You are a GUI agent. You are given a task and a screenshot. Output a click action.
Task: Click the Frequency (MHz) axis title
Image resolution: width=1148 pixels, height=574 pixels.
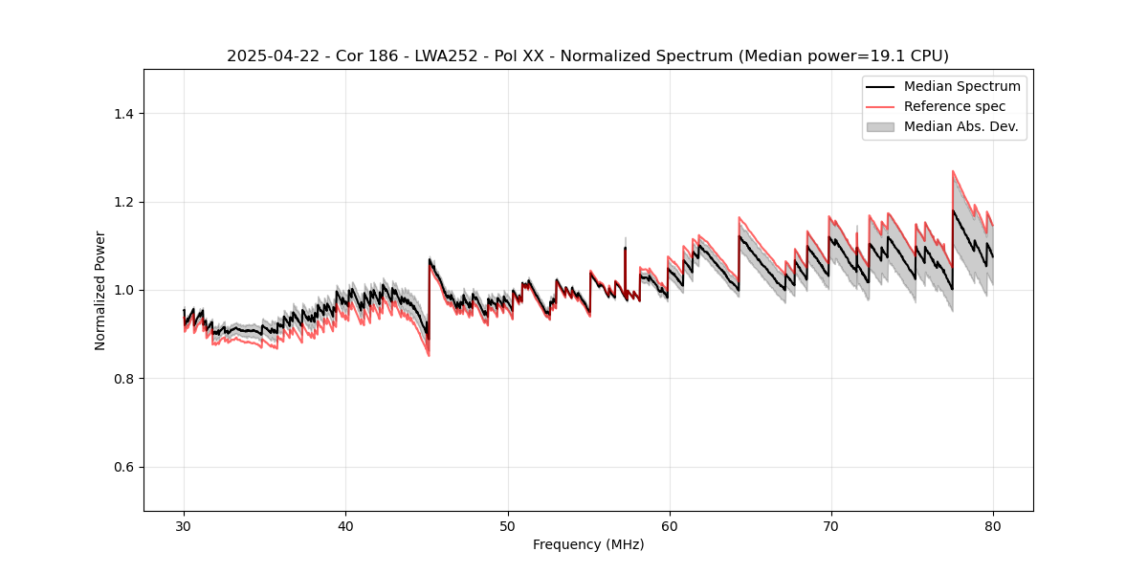point(588,544)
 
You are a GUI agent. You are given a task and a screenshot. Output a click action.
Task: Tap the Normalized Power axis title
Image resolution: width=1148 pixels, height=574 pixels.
point(100,290)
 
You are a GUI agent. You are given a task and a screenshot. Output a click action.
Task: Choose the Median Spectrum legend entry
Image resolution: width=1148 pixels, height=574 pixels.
point(961,86)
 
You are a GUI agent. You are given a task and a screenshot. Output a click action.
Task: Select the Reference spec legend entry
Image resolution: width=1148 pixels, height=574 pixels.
point(954,106)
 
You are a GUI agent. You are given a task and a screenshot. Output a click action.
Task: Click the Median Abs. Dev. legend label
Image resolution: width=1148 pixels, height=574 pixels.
point(960,126)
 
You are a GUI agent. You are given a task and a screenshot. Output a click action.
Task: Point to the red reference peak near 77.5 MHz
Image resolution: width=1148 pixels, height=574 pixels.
point(953,172)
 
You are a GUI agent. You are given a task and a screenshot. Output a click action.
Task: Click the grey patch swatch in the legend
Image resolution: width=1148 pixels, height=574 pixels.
point(879,126)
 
